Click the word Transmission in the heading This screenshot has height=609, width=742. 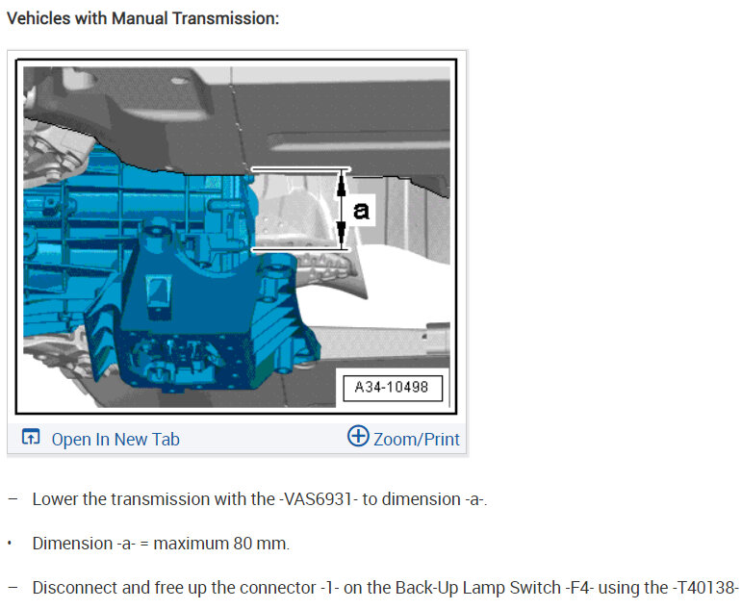(x=225, y=18)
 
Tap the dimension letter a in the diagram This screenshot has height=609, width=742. (x=361, y=210)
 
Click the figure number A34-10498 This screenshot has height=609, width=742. (x=392, y=387)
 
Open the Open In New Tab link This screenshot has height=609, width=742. (x=115, y=439)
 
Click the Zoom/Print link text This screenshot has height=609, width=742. (x=417, y=439)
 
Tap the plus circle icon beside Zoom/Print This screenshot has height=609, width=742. (x=358, y=436)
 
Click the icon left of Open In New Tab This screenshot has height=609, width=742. (x=31, y=437)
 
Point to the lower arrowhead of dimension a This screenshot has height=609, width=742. (x=342, y=235)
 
